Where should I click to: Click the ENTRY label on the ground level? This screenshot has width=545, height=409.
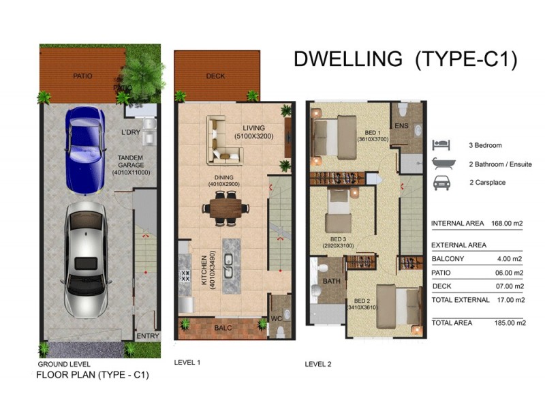[x=147, y=336]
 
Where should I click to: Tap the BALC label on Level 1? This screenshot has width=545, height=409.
[x=221, y=327]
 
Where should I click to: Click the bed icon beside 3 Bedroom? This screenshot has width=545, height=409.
[x=441, y=145]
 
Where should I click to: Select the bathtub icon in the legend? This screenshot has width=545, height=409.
[x=441, y=164]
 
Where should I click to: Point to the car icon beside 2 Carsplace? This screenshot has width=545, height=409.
[x=441, y=183]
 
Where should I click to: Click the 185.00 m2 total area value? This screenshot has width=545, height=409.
[x=509, y=323]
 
